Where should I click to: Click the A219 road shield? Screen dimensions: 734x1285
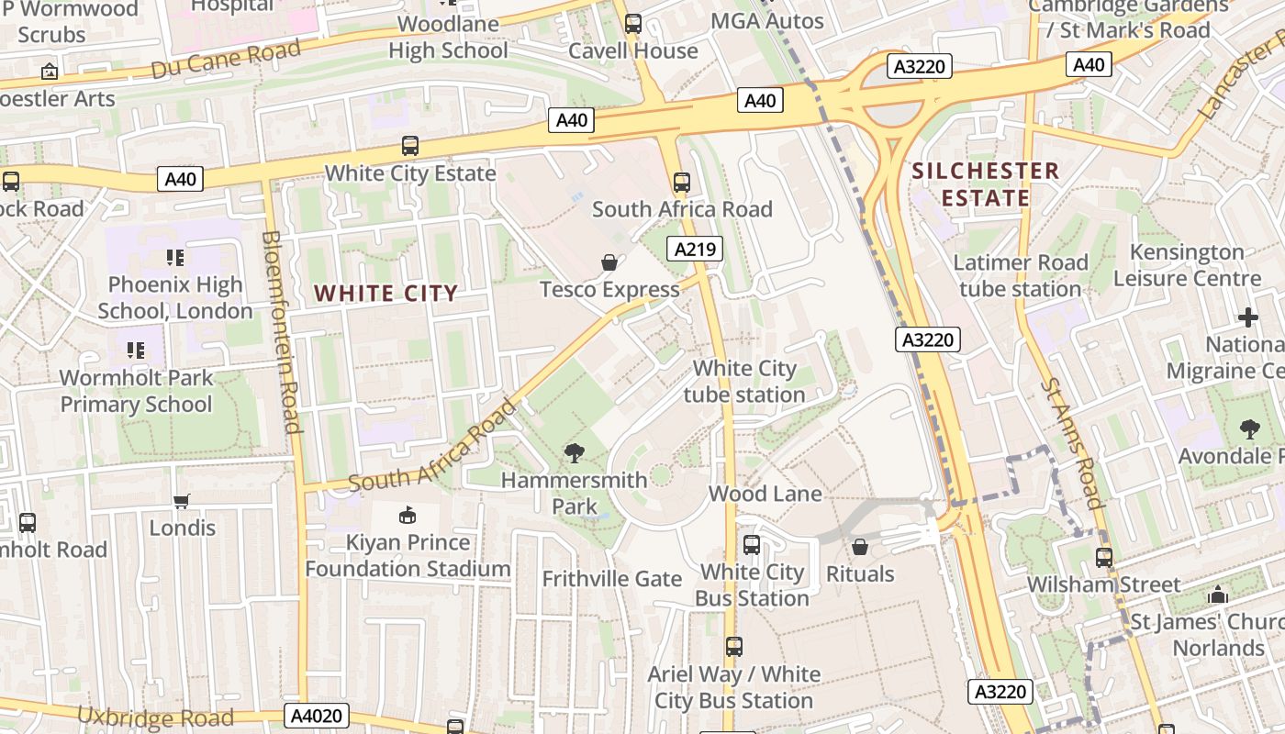[698, 249]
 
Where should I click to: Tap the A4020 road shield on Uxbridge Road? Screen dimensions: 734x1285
[318, 716]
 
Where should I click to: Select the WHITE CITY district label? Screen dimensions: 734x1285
[385, 294]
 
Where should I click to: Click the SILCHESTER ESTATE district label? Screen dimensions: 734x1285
[985, 184]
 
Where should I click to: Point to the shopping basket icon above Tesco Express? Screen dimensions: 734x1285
[609, 263]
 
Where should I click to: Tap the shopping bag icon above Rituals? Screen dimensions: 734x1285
[860, 548]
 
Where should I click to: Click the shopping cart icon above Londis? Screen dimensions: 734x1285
[182, 501]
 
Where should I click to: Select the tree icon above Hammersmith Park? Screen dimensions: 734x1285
[575, 452]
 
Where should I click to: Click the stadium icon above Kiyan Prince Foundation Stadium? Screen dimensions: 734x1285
[408, 516]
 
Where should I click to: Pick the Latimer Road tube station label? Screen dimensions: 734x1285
[1020, 276]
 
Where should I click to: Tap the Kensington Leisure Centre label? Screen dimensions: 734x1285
[1187, 265]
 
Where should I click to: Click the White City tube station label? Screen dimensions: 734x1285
[744, 382]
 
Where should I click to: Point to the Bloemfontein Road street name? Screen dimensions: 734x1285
[282, 330]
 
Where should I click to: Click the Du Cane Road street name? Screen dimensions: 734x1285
[226, 59]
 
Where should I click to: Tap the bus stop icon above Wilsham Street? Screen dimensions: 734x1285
[1104, 557]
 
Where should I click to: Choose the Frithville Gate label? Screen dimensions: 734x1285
[611, 579]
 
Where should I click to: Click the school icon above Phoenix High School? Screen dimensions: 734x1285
[175, 258]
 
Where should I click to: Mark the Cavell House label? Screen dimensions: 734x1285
[633, 50]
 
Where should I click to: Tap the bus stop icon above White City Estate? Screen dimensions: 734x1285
[410, 146]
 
